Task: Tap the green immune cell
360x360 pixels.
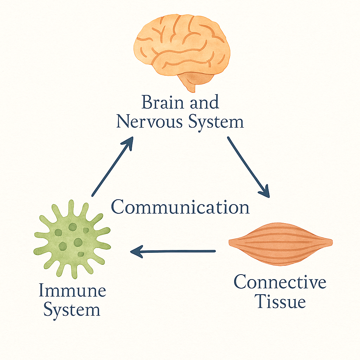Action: (x=72, y=239)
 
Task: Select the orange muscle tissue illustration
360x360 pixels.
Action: (x=281, y=243)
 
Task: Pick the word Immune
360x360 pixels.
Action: (x=72, y=291)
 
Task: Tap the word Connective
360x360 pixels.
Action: (x=280, y=282)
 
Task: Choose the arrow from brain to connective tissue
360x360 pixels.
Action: (x=248, y=167)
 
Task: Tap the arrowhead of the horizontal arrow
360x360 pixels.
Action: (x=136, y=251)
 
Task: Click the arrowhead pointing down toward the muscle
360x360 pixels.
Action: (x=265, y=192)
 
